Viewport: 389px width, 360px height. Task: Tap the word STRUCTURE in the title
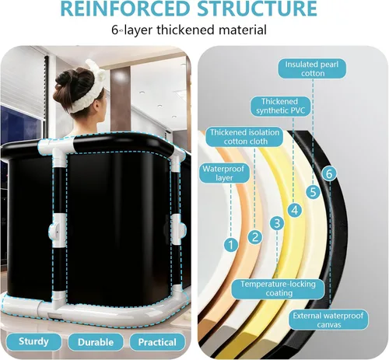tap(258, 9)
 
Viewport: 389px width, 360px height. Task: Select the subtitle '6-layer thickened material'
tap(189, 30)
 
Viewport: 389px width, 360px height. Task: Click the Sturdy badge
tap(33, 341)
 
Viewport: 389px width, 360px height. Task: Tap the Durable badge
tap(96, 342)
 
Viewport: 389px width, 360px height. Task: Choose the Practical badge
tap(157, 342)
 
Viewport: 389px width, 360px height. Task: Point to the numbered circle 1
tap(231, 245)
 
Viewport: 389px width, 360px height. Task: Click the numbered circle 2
tap(255, 237)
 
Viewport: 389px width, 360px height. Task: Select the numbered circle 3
tap(277, 223)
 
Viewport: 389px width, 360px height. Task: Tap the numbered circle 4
tap(295, 210)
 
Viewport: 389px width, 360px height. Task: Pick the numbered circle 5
tap(313, 192)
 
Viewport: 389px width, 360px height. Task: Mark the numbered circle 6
tap(329, 173)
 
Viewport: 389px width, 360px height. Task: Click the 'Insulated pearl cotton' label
tap(312, 68)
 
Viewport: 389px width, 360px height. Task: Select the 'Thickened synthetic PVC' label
tap(280, 106)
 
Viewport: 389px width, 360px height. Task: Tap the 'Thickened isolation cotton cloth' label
tap(244, 137)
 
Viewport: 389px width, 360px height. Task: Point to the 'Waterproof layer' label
tap(224, 173)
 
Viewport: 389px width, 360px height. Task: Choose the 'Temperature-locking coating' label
tap(278, 288)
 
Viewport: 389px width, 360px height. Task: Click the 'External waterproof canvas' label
tap(328, 320)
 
